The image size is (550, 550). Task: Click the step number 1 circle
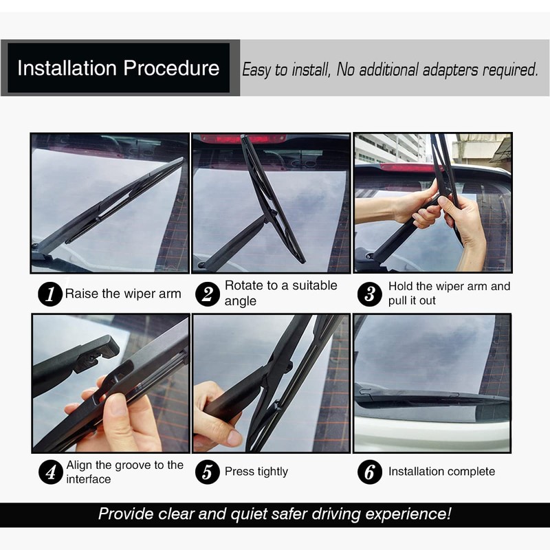tap(49, 294)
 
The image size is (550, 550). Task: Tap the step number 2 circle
tap(207, 294)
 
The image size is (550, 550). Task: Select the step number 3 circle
tap(369, 294)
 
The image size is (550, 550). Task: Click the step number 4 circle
tap(49, 472)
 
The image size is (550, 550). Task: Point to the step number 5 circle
tap(207, 472)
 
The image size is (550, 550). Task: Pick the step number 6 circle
tap(369, 472)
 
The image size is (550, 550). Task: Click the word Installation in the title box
tap(67, 69)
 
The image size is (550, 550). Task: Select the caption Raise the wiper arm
tap(123, 294)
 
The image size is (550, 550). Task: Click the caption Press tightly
tap(256, 472)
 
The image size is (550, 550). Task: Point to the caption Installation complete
tap(441, 472)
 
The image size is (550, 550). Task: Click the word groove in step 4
tap(126, 465)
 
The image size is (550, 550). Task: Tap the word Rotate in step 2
tap(243, 285)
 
